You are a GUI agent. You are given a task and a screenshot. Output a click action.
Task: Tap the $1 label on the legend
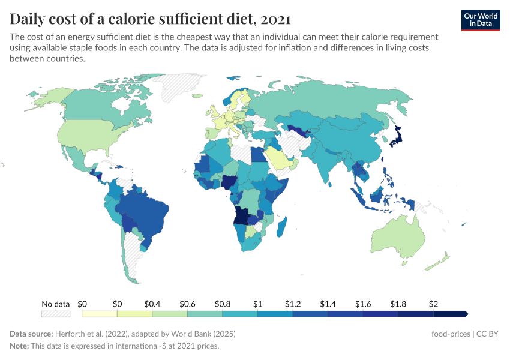tap(257, 304)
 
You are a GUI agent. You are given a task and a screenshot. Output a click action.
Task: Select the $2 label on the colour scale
tap(433, 304)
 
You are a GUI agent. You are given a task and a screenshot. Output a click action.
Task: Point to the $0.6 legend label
tap(187, 304)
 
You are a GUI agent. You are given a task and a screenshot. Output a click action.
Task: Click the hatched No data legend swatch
tap(56, 314)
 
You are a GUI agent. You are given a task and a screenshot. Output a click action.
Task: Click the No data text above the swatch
tap(56, 304)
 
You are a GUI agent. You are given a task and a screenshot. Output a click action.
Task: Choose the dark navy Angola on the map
tap(242, 216)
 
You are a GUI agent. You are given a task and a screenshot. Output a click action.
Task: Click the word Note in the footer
tap(19, 346)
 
